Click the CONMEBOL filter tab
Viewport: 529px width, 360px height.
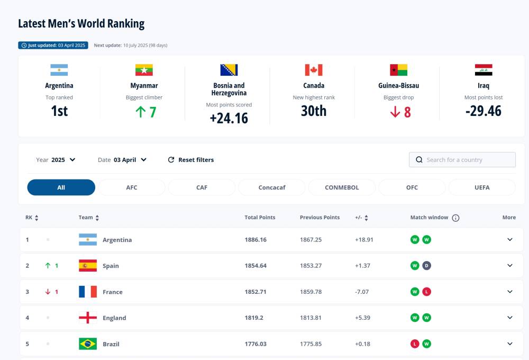pyautogui.click(x=342, y=187)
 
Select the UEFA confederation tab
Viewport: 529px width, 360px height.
pyautogui.click(x=481, y=187)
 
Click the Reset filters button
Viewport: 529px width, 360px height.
pyautogui.click(x=191, y=160)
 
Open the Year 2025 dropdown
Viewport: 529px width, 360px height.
pyautogui.click(x=56, y=160)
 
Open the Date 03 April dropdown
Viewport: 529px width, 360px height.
pyautogui.click(x=122, y=160)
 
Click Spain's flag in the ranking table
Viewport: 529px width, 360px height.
pyautogui.click(x=88, y=266)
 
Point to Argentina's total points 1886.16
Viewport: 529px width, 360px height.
pyautogui.click(x=256, y=240)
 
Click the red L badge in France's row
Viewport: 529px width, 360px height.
pyautogui.click(x=426, y=292)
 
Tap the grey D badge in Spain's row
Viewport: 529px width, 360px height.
pyautogui.click(x=426, y=266)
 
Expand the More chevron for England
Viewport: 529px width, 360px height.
pyautogui.click(x=510, y=318)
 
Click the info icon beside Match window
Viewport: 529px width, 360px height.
pyautogui.click(x=455, y=218)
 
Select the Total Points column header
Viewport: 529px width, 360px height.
pyautogui.click(x=260, y=218)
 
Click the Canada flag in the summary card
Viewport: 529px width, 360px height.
pyautogui.click(x=314, y=70)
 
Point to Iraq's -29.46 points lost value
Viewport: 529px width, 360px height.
pyautogui.click(x=483, y=111)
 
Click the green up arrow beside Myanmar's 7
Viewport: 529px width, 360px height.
pyautogui.click(x=140, y=112)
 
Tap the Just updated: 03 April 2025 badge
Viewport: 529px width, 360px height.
pyautogui.click(x=53, y=46)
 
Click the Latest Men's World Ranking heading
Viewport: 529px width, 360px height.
pyautogui.click(x=81, y=24)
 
